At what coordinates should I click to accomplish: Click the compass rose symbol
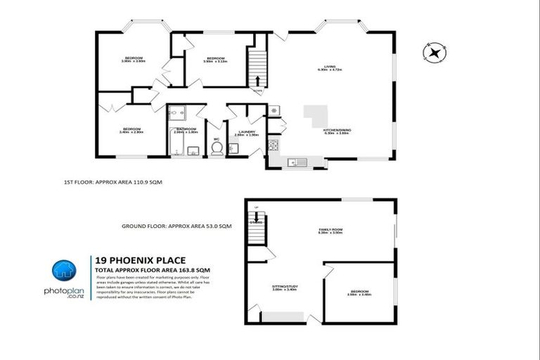[x=435, y=51]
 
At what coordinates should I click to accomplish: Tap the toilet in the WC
[x=217, y=148]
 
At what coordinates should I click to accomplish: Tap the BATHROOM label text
[x=186, y=129]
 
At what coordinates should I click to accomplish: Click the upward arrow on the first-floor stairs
[x=257, y=79]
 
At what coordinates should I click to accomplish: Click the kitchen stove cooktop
[x=273, y=146]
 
